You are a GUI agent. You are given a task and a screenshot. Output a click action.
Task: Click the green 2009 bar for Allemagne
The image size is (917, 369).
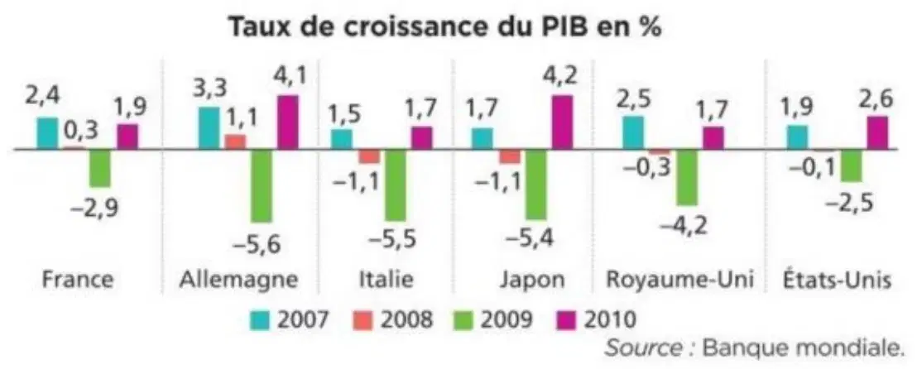(x=262, y=186)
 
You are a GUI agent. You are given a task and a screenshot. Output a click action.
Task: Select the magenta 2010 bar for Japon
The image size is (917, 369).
(x=562, y=122)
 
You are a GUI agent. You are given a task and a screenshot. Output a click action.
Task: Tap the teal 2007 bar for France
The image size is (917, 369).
(x=48, y=133)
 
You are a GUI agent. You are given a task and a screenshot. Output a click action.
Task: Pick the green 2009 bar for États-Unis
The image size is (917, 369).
(x=851, y=165)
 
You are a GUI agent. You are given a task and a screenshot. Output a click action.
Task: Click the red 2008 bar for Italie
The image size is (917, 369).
(x=370, y=156)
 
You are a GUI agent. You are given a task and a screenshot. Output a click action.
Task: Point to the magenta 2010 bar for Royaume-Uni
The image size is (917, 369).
(x=713, y=138)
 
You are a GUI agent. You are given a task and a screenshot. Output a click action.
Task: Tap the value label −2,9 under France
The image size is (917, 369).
(x=94, y=208)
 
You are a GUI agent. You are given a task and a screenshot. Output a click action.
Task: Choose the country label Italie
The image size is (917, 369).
(x=386, y=280)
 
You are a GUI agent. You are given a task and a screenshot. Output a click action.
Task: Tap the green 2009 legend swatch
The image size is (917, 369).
(x=463, y=320)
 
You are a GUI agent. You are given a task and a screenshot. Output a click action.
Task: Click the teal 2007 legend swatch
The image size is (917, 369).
(x=260, y=320)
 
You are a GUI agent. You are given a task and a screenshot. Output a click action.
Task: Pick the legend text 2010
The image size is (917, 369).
(x=609, y=320)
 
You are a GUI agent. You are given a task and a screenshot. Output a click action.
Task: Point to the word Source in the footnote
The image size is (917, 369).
(x=643, y=348)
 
